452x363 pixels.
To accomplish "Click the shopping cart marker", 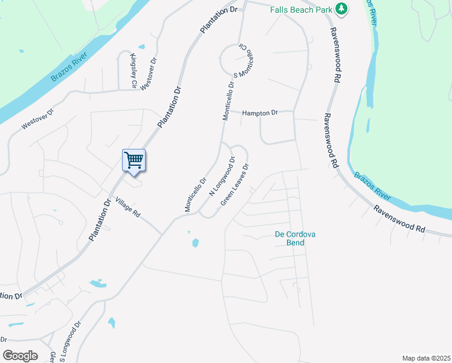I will pos(134,160).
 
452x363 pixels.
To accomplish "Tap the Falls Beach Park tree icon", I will pos(342,8).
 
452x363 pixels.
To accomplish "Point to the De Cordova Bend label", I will pos(296,238).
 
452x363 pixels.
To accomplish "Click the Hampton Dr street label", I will pos(260,113).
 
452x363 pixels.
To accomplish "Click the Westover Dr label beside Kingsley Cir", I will pos(149,74).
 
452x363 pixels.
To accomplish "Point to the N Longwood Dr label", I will pos(221,176).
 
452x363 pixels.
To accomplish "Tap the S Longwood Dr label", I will pos(71,342).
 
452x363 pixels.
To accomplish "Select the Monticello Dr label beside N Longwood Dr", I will pos(196,194).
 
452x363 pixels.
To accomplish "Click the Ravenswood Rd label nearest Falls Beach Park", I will pos(334,54).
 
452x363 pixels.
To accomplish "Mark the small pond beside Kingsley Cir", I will pos(141,47).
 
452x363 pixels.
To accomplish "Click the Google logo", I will pos(20,355).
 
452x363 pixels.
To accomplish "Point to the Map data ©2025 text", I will pos(425,358).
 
